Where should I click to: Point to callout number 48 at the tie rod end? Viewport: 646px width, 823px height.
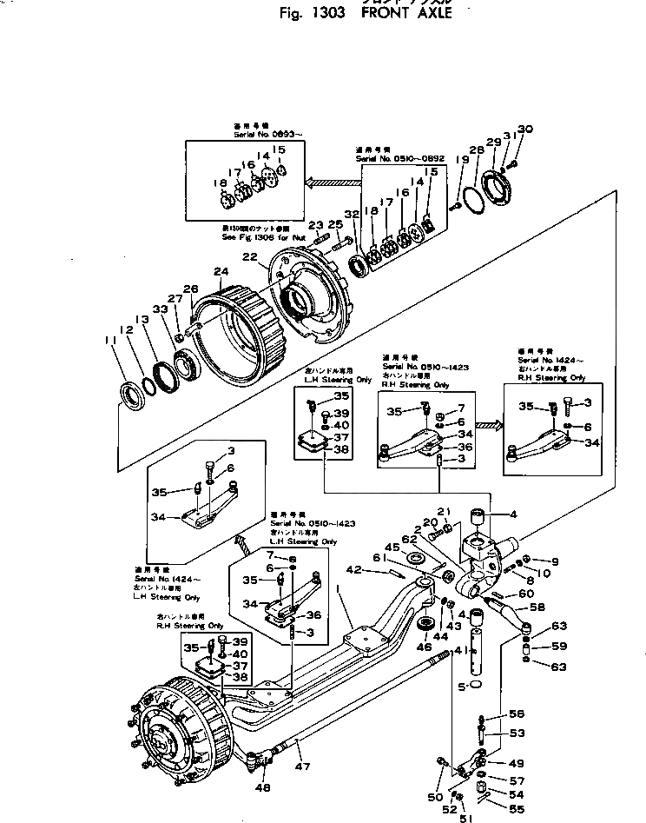click(262, 787)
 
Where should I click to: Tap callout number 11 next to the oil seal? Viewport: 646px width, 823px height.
click(109, 339)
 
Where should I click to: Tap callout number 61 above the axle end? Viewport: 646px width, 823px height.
click(379, 558)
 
